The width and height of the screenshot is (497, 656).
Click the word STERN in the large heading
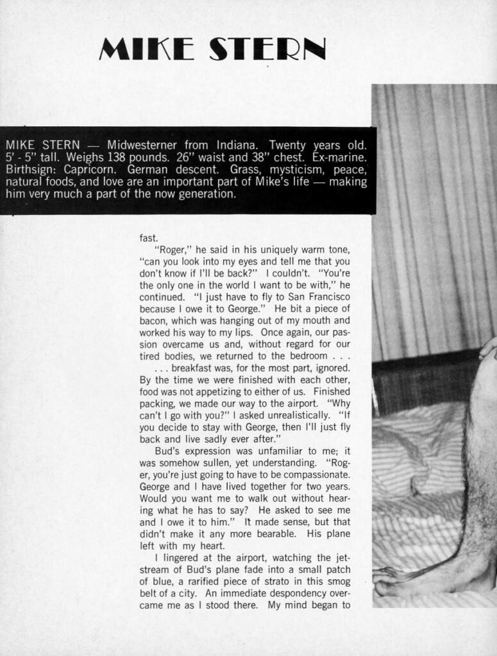269,49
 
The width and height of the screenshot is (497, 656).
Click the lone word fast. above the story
148,237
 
